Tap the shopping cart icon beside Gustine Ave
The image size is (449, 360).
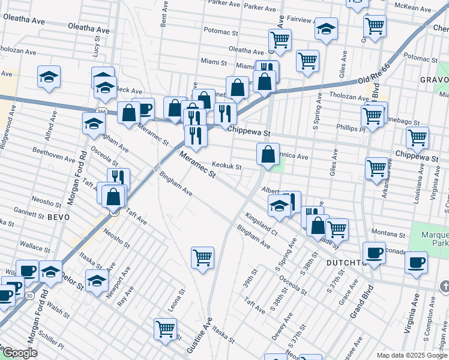[x=203, y=258]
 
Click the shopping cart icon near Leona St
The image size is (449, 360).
[x=166, y=328]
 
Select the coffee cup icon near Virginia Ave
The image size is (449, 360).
[x=416, y=262]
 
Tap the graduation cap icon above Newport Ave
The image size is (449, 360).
[x=97, y=280]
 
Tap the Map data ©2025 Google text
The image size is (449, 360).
[x=412, y=355]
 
